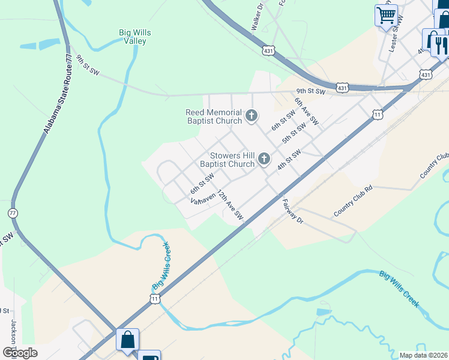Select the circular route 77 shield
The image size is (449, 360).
point(13,213)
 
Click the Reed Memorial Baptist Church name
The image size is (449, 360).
point(214,116)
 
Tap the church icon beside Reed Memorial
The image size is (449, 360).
point(252,115)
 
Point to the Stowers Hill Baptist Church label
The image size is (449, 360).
point(228,160)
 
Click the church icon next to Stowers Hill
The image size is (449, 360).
point(264,159)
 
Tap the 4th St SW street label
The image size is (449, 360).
point(289,161)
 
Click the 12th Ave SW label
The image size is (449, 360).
point(231,205)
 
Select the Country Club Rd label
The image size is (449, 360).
point(353,201)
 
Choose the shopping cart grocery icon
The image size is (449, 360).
point(386,15)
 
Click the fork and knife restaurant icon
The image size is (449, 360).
point(439,43)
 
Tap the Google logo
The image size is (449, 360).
point(20,353)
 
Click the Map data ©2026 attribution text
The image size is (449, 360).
point(423,355)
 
